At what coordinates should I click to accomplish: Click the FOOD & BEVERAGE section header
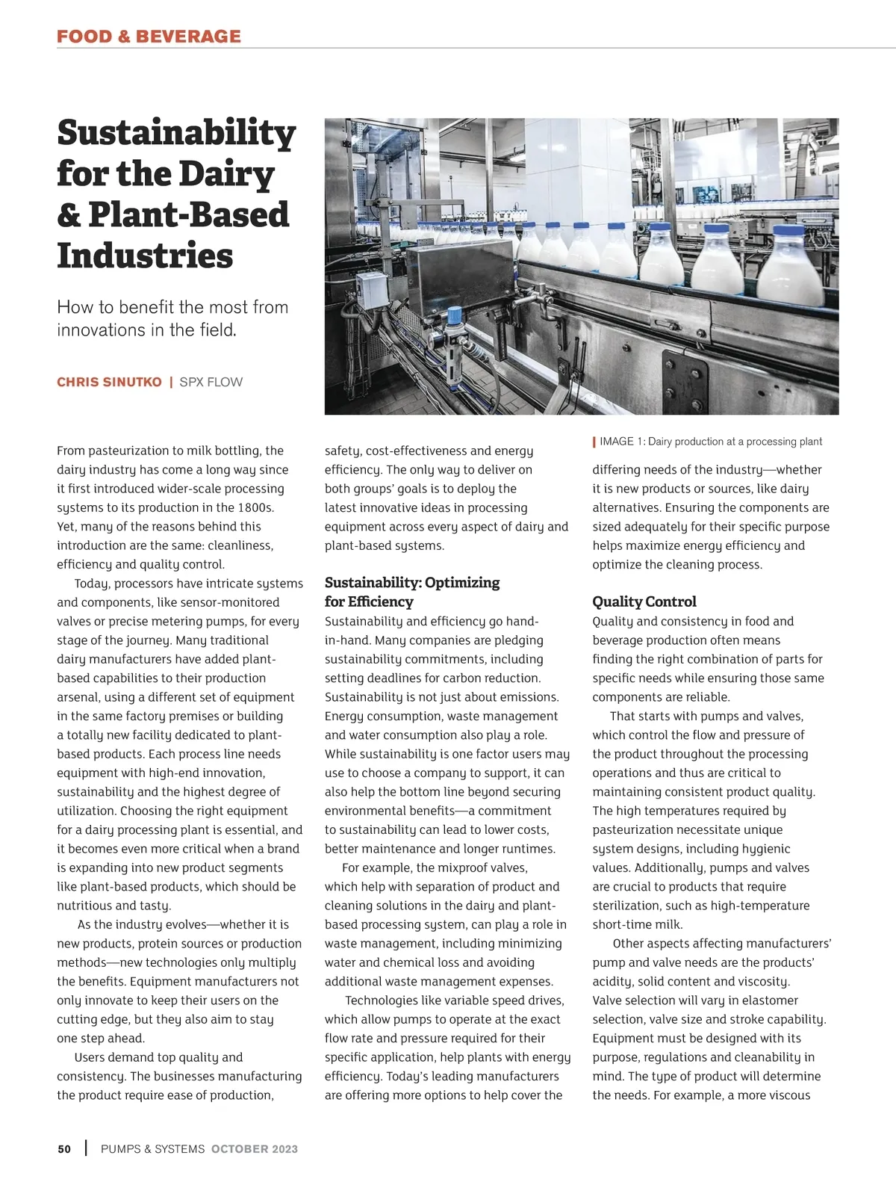[149, 36]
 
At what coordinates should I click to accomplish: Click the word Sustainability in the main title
[176, 133]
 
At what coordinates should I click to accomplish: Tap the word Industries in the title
[145, 256]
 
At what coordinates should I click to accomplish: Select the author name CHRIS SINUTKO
[109, 382]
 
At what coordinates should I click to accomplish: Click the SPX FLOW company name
[211, 382]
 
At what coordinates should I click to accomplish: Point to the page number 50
[64, 1149]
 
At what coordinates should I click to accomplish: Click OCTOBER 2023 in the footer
[255, 1149]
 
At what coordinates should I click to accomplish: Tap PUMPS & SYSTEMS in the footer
[152, 1149]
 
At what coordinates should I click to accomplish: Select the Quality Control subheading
[644, 601]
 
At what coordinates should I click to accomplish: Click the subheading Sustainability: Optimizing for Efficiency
[411, 592]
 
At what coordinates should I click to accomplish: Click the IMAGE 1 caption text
[710, 442]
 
